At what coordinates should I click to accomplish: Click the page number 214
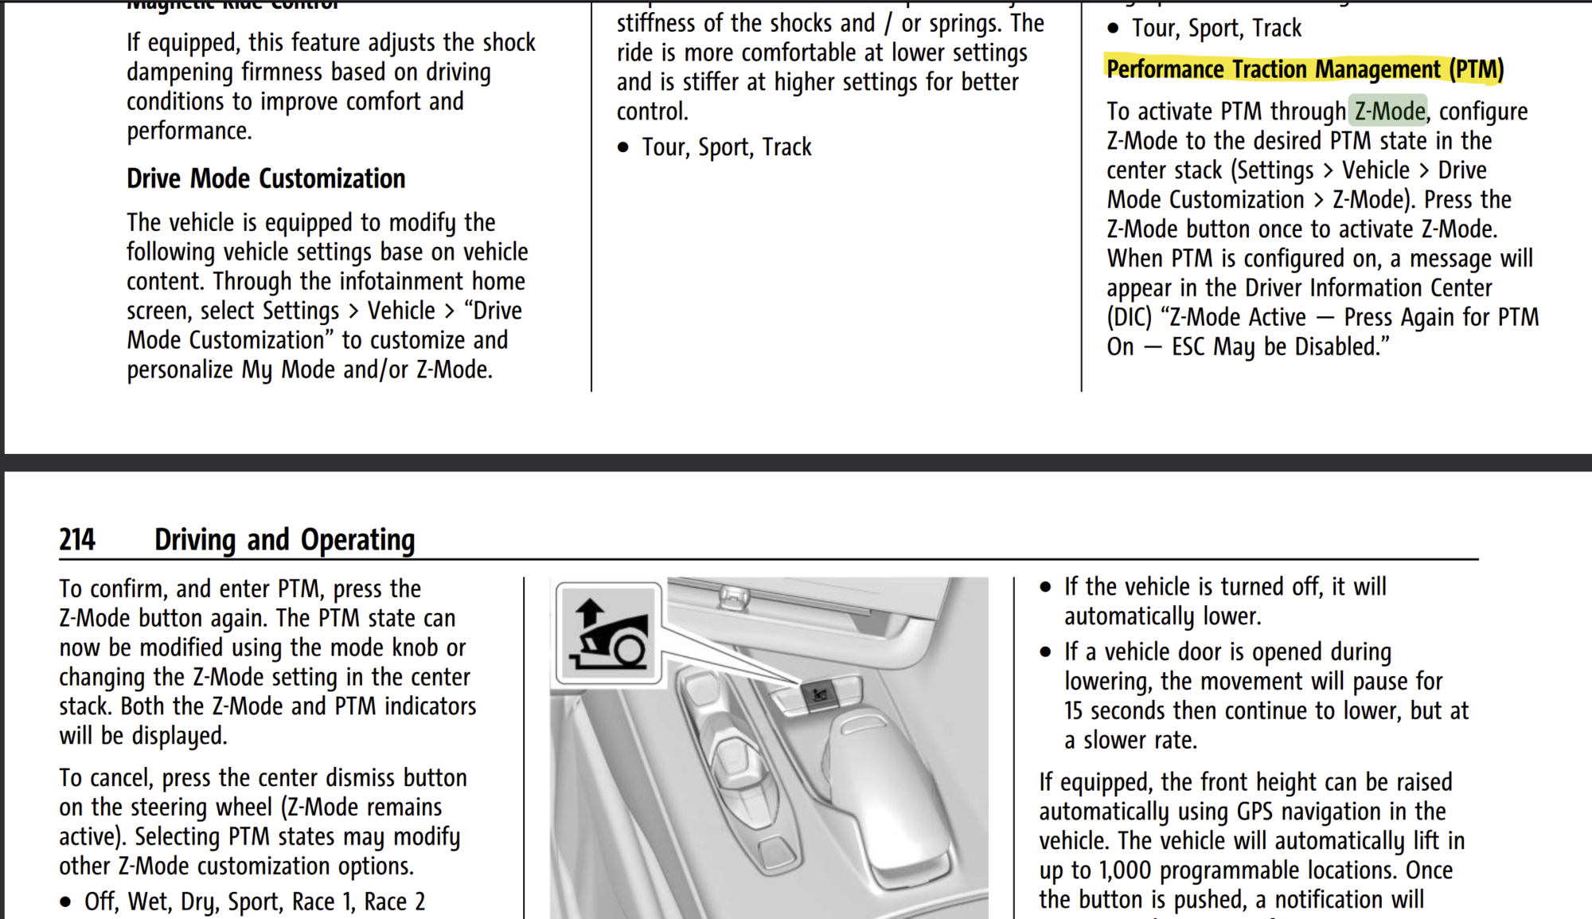pyautogui.click(x=77, y=540)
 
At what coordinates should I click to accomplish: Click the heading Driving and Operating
pyautogui.click(x=284, y=540)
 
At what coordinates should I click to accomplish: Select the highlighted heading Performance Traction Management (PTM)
pyautogui.click(x=1304, y=70)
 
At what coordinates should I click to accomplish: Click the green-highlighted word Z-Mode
pyautogui.click(x=1390, y=111)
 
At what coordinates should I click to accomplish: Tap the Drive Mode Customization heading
pyautogui.click(x=266, y=178)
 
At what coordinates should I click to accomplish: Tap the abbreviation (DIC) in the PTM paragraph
pyautogui.click(x=1129, y=318)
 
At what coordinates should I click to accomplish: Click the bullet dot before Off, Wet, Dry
pyautogui.click(x=66, y=903)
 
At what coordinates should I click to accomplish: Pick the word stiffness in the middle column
pyautogui.click(x=657, y=24)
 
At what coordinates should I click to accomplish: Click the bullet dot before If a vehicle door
pyautogui.click(x=1045, y=653)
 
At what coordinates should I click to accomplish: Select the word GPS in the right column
pyautogui.click(x=1257, y=811)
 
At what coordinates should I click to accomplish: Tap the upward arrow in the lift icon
pyautogui.click(x=590, y=613)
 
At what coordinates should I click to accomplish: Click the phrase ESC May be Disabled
pyautogui.click(x=1279, y=347)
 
